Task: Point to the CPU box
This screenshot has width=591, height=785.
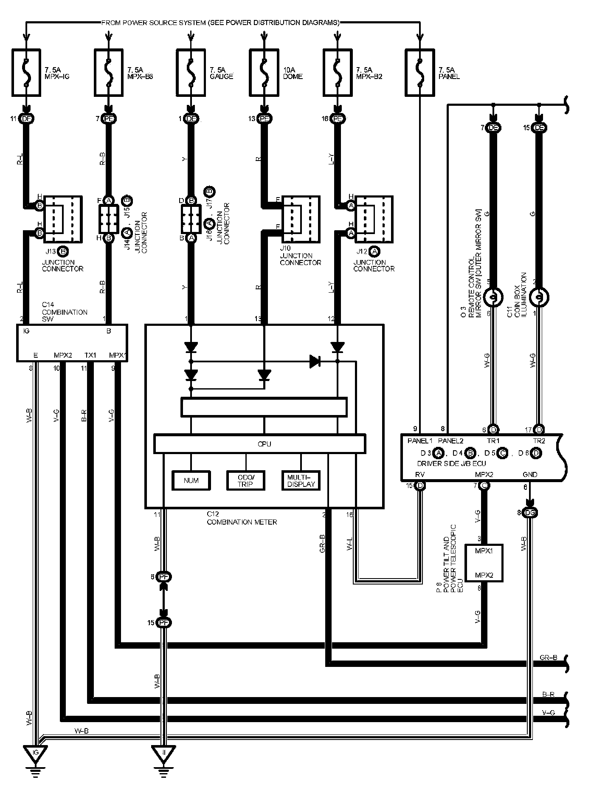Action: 259,443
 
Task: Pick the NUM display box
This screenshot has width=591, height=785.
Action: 191,480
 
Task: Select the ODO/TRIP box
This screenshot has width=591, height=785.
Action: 246,480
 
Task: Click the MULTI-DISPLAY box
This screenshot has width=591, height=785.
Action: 301,480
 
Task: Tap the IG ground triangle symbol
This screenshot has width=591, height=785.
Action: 36,753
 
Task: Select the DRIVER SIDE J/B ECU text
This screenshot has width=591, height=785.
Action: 451,463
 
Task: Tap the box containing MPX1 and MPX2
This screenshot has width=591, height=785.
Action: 484,563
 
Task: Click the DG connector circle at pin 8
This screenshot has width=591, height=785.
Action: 530,513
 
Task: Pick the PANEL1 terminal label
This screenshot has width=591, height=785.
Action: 419,441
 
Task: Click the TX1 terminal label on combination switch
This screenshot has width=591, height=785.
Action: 90,355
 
